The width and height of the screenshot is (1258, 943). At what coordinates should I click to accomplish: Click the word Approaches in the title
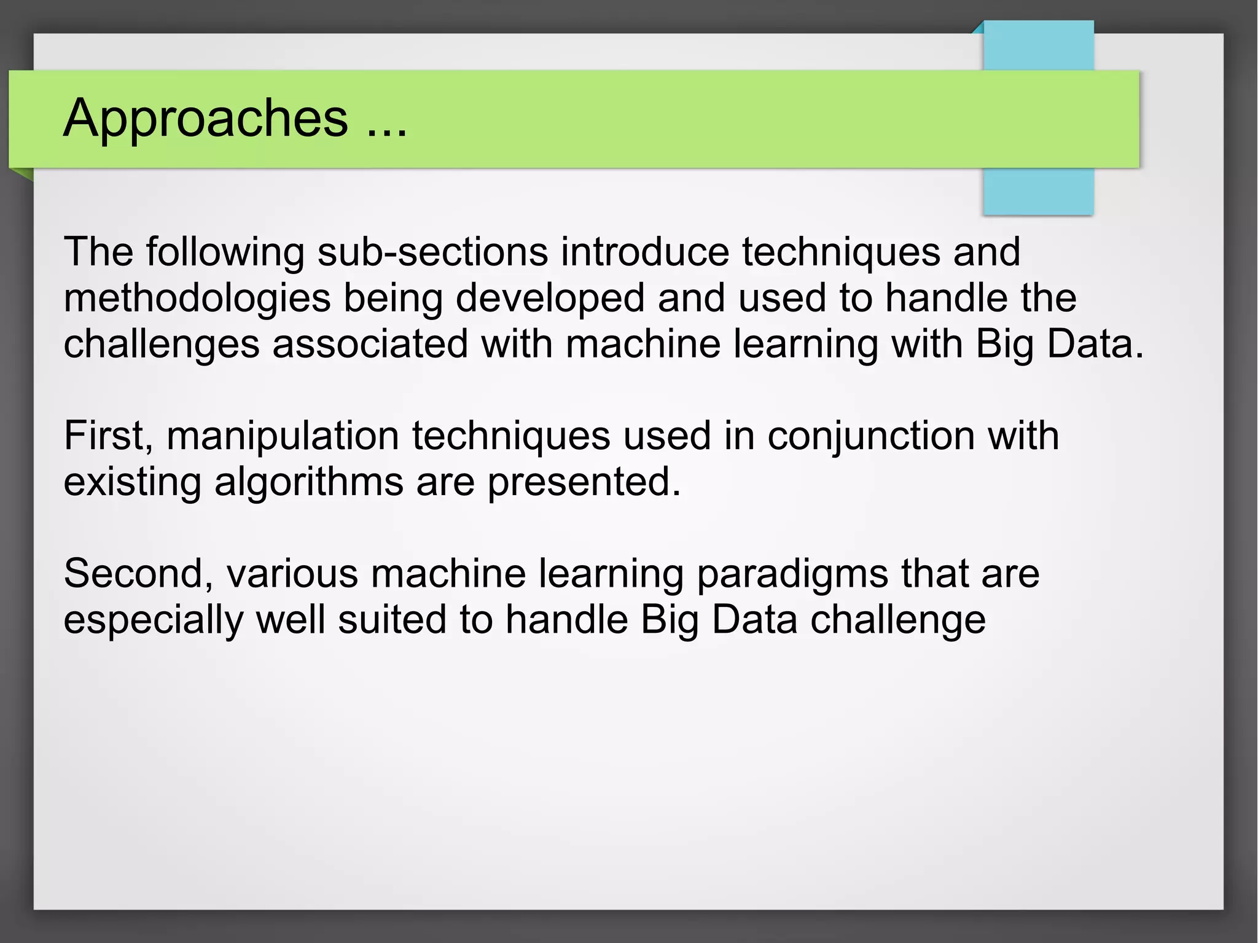click(x=206, y=119)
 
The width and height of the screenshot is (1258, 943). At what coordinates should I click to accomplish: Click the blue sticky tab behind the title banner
click(x=1038, y=190)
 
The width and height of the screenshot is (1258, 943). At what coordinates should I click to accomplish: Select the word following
click(x=225, y=252)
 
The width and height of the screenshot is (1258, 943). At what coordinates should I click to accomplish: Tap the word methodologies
click(x=197, y=299)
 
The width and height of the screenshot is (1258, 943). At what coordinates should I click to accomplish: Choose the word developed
click(x=550, y=299)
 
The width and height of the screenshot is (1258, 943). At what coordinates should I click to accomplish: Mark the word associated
click(x=370, y=344)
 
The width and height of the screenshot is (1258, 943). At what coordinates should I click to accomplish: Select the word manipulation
click(x=283, y=436)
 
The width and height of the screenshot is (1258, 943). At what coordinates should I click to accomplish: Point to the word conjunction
click(x=870, y=436)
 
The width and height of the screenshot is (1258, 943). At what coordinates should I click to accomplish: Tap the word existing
click(x=133, y=482)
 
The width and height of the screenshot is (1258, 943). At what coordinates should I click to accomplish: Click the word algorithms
click(x=309, y=482)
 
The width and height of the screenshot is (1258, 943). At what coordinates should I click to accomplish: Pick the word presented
click(x=584, y=482)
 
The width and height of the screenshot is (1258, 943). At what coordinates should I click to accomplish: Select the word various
click(x=292, y=574)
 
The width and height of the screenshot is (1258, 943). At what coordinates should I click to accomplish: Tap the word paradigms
click(x=792, y=574)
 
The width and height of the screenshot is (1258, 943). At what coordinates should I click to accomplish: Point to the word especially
click(x=154, y=620)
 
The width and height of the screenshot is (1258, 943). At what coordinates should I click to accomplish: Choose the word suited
click(x=392, y=620)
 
